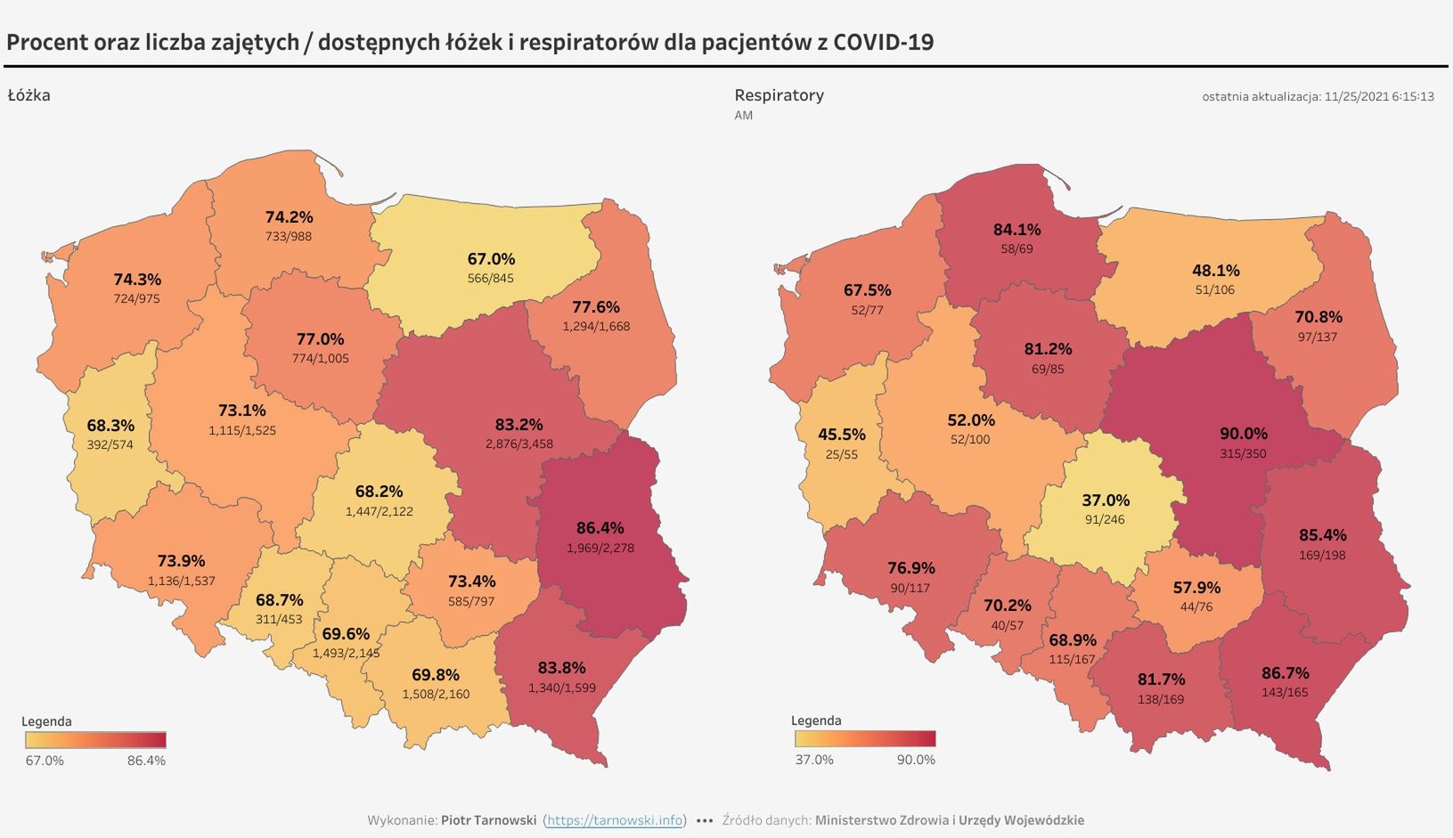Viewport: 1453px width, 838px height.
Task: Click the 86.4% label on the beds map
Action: tap(600, 528)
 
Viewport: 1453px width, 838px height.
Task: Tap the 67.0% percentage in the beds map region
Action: tap(491, 259)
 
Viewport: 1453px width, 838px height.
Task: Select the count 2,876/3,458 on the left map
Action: tap(519, 443)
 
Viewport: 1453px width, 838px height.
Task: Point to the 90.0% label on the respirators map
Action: tap(1243, 434)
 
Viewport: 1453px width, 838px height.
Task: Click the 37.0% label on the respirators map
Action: tap(1106, 500)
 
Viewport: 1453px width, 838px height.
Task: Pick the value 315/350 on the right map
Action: tap(1243, 453)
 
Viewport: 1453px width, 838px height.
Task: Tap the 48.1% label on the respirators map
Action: tap(1215, 271)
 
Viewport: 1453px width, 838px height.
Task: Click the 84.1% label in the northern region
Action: tap(1016, 230)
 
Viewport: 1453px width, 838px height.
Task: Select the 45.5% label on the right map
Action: tap(842, 435)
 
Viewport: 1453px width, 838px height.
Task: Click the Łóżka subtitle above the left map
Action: tap(29, 95)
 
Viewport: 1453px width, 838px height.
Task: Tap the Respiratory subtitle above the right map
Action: tap(779, 95)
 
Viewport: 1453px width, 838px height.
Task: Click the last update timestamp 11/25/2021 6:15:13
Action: tap(1379, 96)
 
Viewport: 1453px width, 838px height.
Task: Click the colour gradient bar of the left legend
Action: tap(95, 740)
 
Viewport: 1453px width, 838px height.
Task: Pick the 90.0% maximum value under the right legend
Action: tap(916, 760)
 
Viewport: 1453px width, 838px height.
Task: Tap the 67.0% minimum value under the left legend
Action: tap(45, 761)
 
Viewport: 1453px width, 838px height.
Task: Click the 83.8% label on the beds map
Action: tap(561, 668)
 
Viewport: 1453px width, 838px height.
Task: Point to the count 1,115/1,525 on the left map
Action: tap(242, 430)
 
